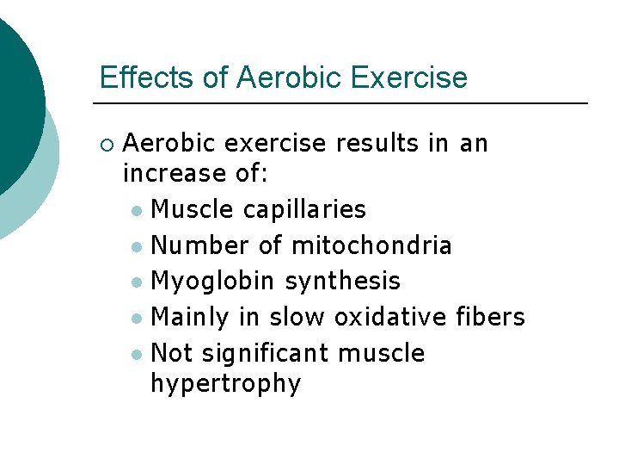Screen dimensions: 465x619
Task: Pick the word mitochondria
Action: pos(371,245)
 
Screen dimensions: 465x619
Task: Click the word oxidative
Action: pos(387,317)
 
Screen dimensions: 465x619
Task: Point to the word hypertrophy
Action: pos(225,383)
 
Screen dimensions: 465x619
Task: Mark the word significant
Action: pos(261,353)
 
